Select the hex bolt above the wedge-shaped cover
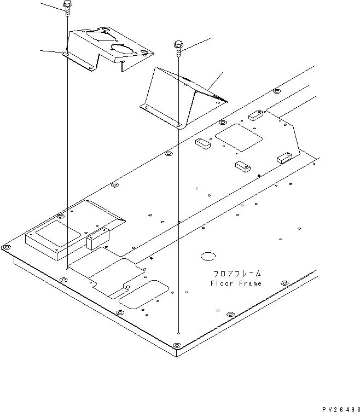point(178,47)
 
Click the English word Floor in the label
point(220,283)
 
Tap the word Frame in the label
point(249,283)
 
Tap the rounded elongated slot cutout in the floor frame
point(143,293)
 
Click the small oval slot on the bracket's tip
point(144,52)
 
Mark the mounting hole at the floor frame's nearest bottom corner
point(176,345)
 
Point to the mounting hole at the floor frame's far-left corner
point(7,248)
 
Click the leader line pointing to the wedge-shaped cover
point(217,79)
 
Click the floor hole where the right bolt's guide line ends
point(179,333)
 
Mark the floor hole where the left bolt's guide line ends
point(67,269)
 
